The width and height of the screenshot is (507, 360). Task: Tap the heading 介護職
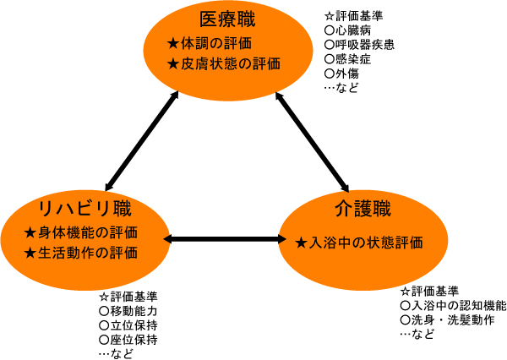[361, 208]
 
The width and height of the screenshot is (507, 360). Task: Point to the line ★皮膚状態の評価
[224, 63]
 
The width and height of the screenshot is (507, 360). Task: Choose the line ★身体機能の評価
[81, 232]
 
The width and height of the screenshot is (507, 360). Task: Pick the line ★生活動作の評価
[81, 253]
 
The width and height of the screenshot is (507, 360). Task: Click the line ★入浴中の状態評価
[359, 243]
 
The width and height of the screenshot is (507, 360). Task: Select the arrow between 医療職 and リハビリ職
[142, 138]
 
